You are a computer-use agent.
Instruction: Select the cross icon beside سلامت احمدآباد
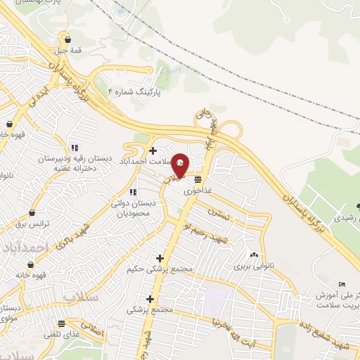[153, 150]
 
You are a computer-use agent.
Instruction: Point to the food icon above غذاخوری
[199, 179]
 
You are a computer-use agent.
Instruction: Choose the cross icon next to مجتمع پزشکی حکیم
[160, 258]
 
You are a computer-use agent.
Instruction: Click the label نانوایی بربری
[252, 266]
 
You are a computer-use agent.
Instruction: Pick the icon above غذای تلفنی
[62, 324]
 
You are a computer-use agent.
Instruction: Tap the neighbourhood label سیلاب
[78, 296]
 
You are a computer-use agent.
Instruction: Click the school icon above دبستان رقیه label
[74, 148]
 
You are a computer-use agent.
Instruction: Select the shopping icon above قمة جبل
[67, 39]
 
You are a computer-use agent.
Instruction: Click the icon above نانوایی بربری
[254, 255]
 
